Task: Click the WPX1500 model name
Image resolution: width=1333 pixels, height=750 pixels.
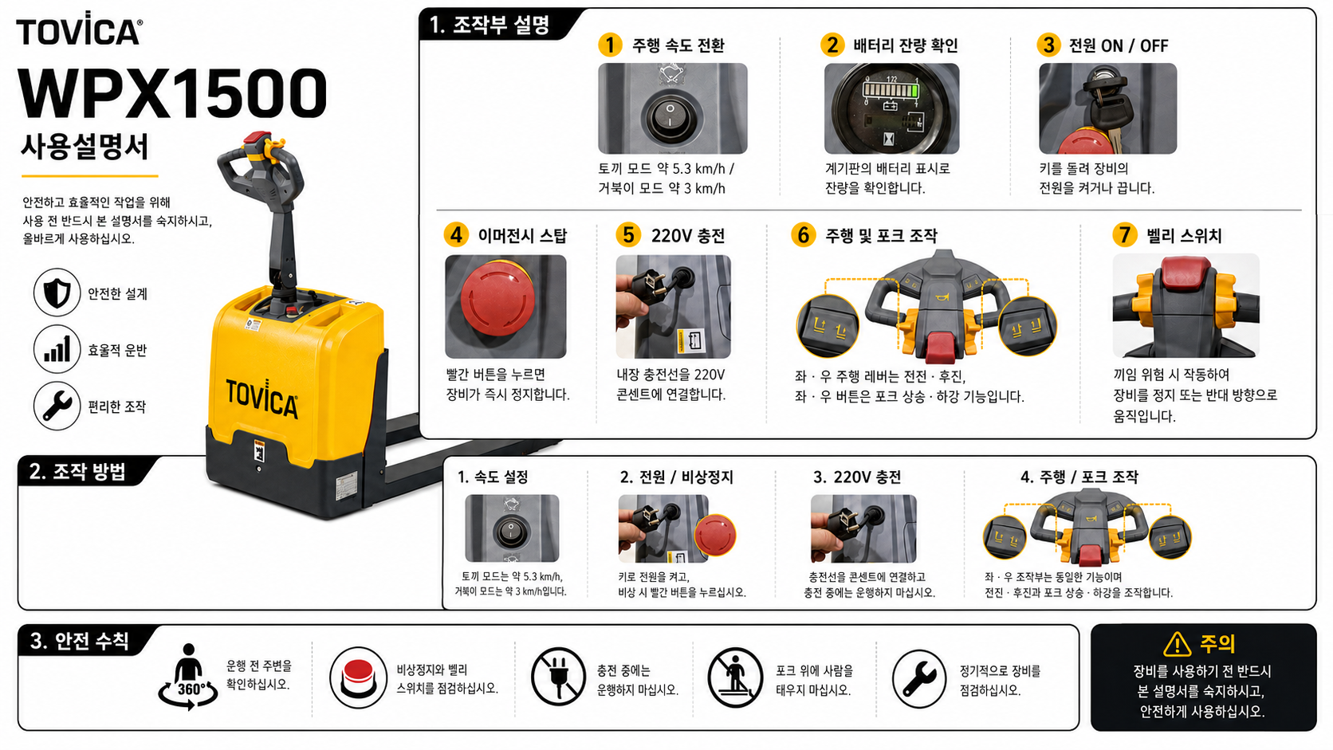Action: pyautogui.click(x=172, y=93)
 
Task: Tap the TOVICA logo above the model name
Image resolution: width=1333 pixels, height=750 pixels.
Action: pyautogui.click(x=79, y=29)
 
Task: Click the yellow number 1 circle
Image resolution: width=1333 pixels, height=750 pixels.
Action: pyautogui.click(x=610, y=45)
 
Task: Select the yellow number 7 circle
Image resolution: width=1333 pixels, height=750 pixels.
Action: pyautogui.click(x=1125, y=235)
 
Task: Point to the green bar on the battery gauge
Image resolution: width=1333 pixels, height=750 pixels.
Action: pyautogui.click(x=914, y=91)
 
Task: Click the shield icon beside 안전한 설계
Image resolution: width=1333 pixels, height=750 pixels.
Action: pyautogui.click(x=57, y=292)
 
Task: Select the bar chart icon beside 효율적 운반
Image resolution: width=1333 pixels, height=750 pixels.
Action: pyautogui.click(x=57, y=349)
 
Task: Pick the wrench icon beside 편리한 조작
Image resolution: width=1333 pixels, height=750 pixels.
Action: pyautogui.click(x=57, y=406)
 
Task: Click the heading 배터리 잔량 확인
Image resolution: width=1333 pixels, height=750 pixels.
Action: pyautogui.click(x=905, y=45)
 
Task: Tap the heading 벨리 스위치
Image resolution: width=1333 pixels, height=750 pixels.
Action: pyautogui.click(x=1184, y=236)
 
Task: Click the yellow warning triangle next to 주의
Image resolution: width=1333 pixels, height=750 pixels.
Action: pyautogui.click(x=1177, y=644)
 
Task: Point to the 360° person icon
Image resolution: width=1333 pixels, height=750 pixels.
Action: pyautogui.click(x=188, y=677)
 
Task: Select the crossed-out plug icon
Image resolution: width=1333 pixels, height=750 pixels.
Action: pyautogui.click(x=558, y=677)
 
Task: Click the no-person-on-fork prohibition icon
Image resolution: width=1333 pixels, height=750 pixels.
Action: pyautogui.click(x=735, y=677)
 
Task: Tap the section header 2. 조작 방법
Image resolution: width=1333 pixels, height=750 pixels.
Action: pyautogui.click(x=77, y=472)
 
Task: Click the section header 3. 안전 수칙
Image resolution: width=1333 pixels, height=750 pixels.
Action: pyautogui.click(x=80, y=641)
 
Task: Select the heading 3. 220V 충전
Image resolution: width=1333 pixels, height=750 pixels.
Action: pyautogui.click(x=857, y=477)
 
